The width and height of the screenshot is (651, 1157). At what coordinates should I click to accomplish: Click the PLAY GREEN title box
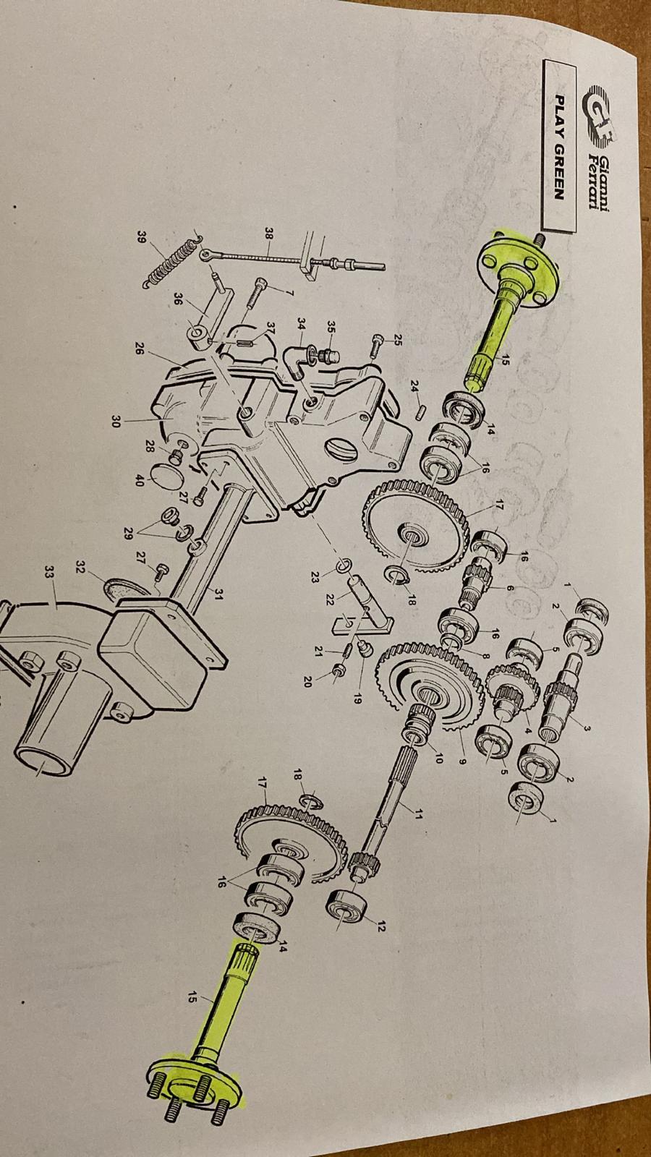[559, 147]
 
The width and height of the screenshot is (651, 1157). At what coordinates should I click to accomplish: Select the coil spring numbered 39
[171, 261]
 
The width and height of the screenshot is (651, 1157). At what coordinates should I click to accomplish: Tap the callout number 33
[49, 572]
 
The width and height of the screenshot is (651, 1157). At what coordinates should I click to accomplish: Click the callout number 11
[418, 815]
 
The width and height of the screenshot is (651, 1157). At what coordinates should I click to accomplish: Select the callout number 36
[177, 299]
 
